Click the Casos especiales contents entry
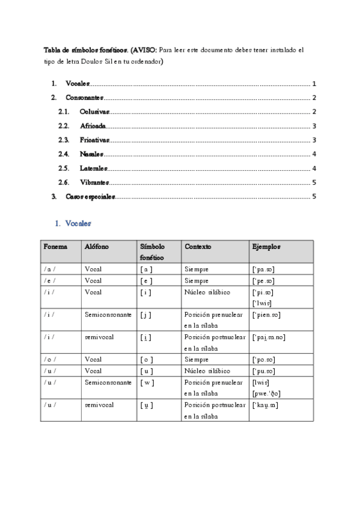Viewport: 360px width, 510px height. click(90, 197)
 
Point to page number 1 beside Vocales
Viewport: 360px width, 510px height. click(314, 84)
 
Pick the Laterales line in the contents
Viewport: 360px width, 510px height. click(94, 168)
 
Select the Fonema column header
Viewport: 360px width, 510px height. click(55, 247)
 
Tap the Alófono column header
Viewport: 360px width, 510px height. click(97, 247)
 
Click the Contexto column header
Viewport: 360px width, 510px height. click(198, 247)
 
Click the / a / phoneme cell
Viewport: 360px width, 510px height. click(51, 269)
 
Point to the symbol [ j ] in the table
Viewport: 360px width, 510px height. click(147, 315)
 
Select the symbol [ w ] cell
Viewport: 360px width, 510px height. click(147, 382)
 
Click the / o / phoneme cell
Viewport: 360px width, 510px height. click(51, 360)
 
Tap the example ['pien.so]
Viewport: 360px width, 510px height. click(267, 315)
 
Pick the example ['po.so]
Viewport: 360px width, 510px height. click(264, 360)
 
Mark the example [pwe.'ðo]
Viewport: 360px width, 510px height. click(267, 394)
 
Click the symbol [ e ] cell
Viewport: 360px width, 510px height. click(147, 281)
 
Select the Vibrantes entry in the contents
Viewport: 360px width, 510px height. click(94, 182)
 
